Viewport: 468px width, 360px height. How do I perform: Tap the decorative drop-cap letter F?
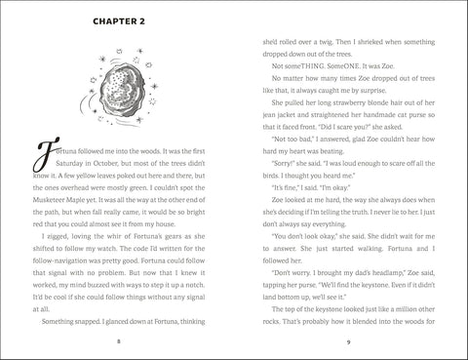(40, 157)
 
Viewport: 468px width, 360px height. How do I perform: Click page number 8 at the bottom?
(117, 341)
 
